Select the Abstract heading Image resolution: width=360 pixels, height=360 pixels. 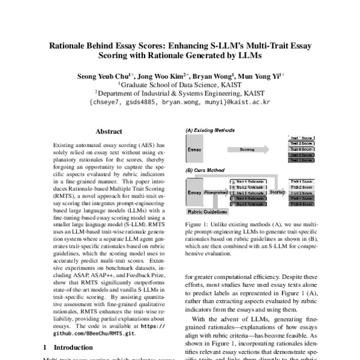pos(109,131)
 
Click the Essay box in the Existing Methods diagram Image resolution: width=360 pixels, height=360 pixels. pos(195,149)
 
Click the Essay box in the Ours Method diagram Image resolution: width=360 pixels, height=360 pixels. pos(194,193)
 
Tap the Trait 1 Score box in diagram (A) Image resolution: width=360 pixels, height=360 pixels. pos(300,137)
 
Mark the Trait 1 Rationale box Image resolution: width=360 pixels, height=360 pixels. pos(247,181)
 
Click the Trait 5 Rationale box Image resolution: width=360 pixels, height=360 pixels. pos(247,205)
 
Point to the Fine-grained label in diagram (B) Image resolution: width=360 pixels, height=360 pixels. pos(215,193)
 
